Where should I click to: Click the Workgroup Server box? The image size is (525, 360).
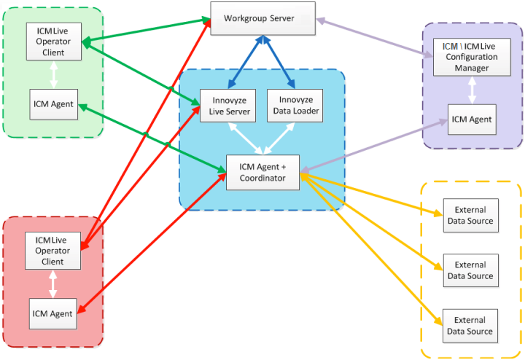[x=262, y=18]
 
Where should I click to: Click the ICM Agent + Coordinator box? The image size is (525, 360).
[x=262, y=172]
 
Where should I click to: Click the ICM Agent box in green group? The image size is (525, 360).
[x=53, y=104]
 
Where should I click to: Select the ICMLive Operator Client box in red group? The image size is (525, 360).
[x=53, y=250]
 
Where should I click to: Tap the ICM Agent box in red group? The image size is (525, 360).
[x=52, y=313]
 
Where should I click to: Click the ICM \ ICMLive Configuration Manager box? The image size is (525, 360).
[x=470, y=58]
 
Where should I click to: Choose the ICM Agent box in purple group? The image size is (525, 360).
[x=471, y=119]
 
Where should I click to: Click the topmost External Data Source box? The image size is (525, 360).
[x=470, y=216]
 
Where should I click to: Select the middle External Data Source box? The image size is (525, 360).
[x=470, y=271]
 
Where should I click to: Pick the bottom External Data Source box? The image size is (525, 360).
[x=470, y=326]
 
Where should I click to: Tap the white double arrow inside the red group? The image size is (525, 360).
[x=53, y=283]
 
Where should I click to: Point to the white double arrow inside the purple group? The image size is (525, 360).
[x=472, y=90]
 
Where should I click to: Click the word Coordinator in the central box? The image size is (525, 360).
[x=262, y=178]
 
